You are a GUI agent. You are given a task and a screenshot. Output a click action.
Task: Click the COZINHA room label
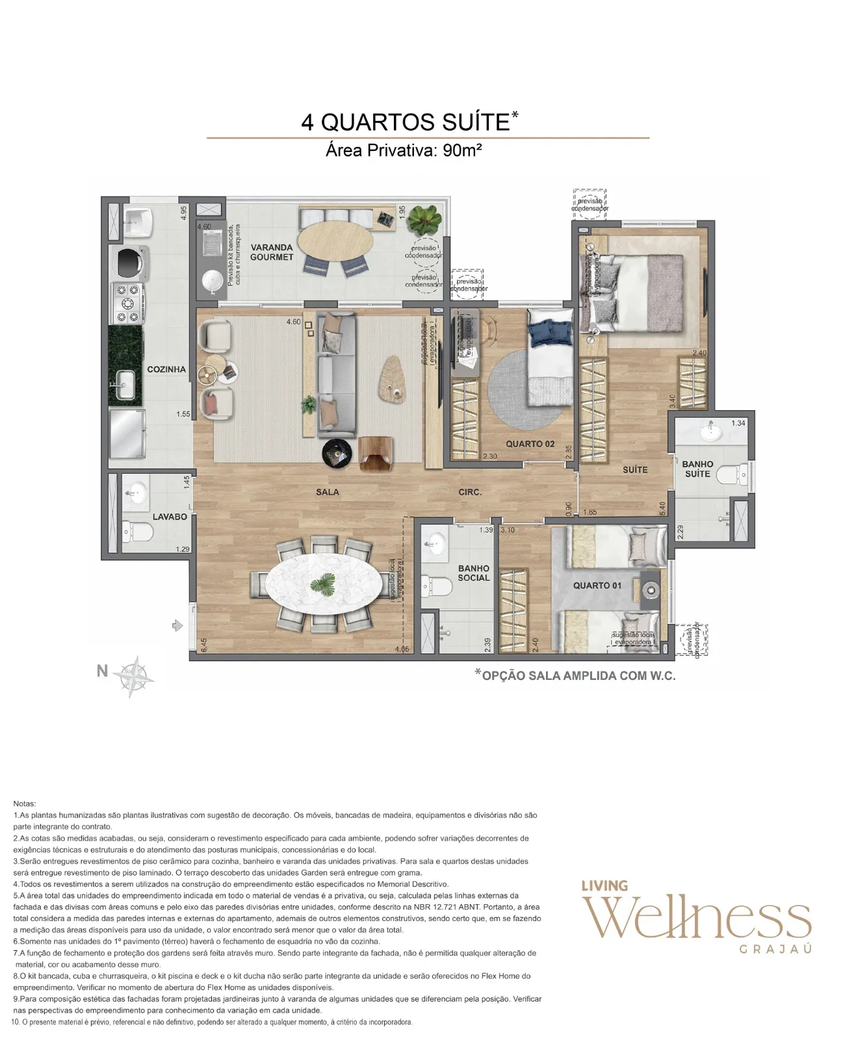point(166,369)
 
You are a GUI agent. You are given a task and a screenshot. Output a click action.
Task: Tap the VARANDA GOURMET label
point(272,252)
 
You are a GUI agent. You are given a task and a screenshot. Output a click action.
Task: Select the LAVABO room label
point(170,517)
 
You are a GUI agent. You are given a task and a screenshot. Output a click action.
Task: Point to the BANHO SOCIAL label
point(473,573)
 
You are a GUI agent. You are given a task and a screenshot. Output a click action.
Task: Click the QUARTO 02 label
point(530,444)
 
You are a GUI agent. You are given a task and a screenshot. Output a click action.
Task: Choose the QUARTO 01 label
point(597,585)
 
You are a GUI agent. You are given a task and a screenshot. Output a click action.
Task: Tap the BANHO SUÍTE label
point(697,469)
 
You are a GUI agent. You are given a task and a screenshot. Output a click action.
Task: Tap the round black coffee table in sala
point(337,452)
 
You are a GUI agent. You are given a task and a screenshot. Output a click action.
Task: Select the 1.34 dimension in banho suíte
point(738,423)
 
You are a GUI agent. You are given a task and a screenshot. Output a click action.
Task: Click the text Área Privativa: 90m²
point(403,151)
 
